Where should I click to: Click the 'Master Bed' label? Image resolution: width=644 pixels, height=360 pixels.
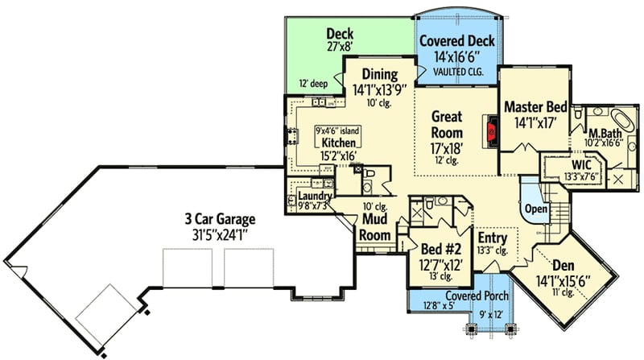click(535, 107)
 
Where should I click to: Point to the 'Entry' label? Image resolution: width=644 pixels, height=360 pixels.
click(492, 238)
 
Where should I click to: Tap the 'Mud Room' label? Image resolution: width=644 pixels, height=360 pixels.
click(375, 226)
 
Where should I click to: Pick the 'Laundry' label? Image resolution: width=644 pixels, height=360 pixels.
click(315, 196)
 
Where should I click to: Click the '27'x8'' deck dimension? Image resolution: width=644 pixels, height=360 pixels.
click(341, 48)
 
